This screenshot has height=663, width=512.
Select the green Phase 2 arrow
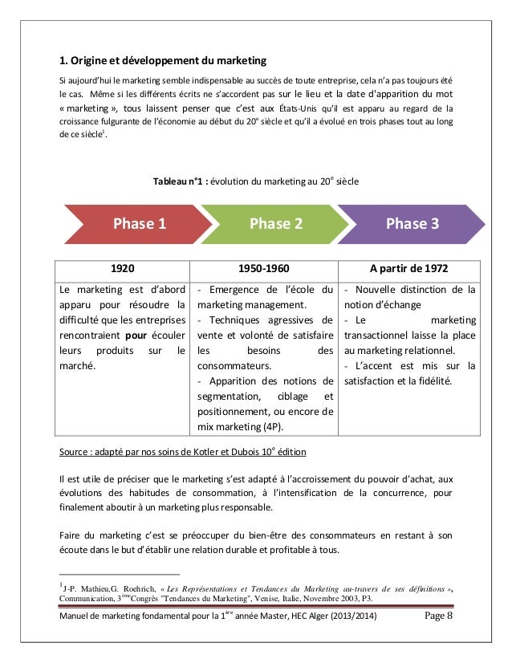coord(275,224)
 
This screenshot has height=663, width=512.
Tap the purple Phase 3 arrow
coord(412,224)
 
